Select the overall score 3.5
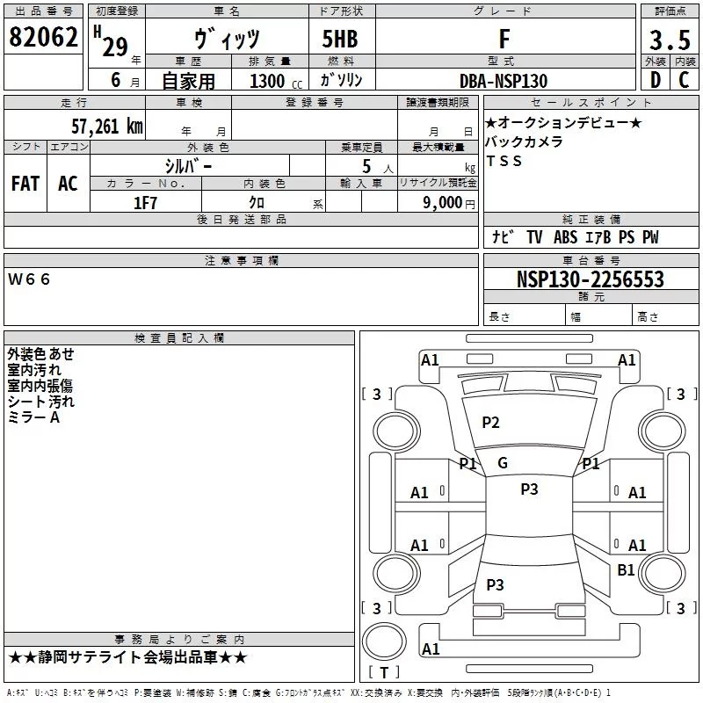tap(668, 40)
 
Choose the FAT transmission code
tap(25, 183)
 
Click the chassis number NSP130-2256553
tap(591, 280)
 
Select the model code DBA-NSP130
tap(504, 81)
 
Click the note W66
tap(31, 279)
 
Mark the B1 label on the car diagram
tap(626, 570)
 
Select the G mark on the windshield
tap(503, 463)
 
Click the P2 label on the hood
tap(490, 423)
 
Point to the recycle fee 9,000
tap(441, 203)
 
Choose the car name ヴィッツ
tap(225, 40)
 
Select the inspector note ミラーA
tap(33, 417)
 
